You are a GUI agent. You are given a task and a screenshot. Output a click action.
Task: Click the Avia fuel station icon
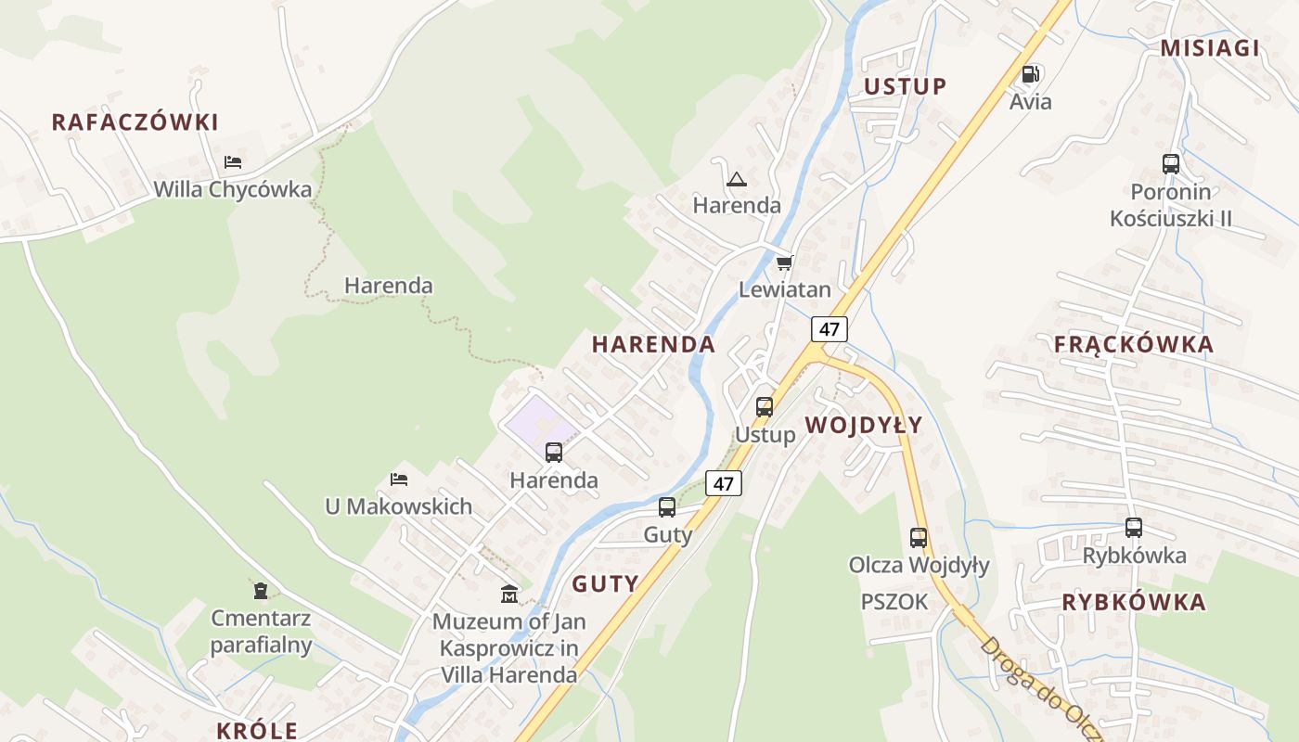(1030, 74)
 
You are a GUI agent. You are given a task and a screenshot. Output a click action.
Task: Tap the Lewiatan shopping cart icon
(785, 263)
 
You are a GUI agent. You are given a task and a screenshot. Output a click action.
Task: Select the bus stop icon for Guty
(667, 507)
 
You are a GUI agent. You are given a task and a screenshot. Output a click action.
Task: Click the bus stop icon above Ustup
(765, 407)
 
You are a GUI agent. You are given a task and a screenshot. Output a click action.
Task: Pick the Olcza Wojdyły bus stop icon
(919, 537)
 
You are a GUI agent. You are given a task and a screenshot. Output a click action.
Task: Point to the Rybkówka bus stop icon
(1134, 528)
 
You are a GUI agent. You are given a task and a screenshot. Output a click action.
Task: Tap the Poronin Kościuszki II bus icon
(1171, 164)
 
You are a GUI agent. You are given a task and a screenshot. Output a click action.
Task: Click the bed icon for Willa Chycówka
(233, 162)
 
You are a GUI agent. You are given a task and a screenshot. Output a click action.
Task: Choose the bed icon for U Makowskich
(399, 480)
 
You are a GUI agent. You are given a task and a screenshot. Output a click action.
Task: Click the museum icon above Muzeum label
(509, 594)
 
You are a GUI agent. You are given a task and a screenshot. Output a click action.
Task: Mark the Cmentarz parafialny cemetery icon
(261, 590)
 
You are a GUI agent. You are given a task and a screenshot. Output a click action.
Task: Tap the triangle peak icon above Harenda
(737, 179)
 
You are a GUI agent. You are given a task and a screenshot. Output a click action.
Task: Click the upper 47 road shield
(830, 329)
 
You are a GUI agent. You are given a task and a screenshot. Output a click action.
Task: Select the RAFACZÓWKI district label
(135, 122)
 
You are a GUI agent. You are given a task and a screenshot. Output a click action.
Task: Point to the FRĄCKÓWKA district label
(1133, 345)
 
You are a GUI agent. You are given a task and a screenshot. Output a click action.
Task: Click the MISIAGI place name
(1210, 49)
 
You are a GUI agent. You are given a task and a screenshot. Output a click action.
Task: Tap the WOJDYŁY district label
(863, 426)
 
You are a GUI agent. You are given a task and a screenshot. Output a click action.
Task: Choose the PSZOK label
(894, 602)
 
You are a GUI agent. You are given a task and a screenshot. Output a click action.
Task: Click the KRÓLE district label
(257, 730)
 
